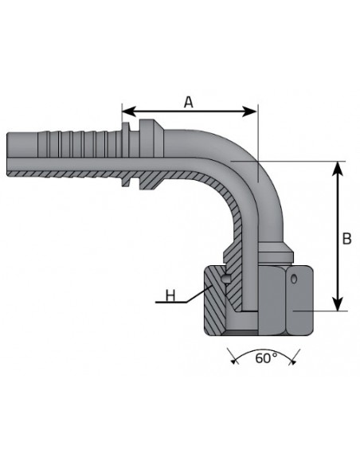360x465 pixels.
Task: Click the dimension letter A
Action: click(x=189, y=101)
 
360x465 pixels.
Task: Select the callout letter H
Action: click(x=169, y=296)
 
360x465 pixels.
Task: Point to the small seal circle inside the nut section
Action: click(x=227, y=279)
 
